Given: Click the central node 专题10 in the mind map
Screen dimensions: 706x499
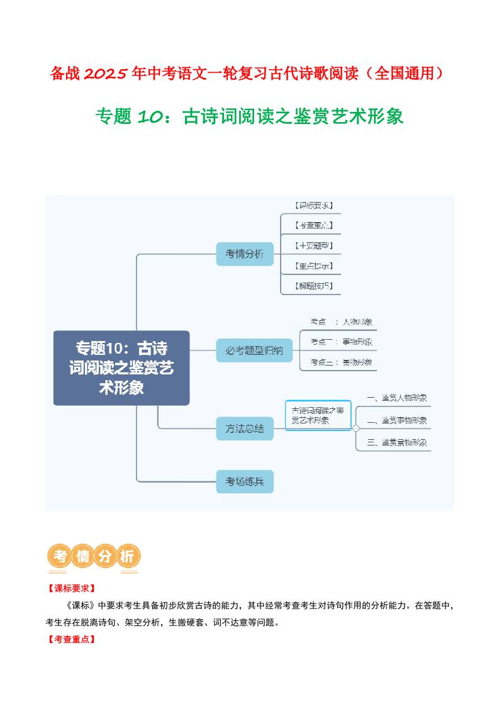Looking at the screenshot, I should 121,367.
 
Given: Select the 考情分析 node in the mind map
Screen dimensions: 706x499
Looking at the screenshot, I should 245,254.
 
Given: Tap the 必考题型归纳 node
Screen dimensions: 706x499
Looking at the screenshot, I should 254,350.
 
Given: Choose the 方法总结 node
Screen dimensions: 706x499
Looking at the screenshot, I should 245,429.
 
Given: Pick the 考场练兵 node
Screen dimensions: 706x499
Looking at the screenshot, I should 245,482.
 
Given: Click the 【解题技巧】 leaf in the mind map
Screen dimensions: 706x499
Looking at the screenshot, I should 313,286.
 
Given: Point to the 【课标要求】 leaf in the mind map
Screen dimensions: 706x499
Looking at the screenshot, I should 313,205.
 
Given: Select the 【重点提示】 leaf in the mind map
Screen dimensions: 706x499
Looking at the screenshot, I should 313,266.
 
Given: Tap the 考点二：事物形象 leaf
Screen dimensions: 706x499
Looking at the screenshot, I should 340,342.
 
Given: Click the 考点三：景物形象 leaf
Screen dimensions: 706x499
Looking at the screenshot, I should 340,362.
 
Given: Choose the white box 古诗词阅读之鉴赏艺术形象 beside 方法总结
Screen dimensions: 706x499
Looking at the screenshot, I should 318,415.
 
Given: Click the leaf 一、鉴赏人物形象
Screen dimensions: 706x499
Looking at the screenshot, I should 396,398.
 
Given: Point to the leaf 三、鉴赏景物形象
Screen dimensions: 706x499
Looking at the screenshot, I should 396,442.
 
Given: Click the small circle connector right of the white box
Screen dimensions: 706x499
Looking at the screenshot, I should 356,429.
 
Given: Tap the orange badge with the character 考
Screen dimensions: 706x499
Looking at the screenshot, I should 60,556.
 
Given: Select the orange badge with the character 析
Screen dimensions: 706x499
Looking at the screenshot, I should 128,556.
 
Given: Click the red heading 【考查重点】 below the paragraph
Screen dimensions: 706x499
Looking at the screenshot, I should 71,639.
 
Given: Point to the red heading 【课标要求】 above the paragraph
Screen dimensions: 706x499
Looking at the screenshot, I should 71,588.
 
